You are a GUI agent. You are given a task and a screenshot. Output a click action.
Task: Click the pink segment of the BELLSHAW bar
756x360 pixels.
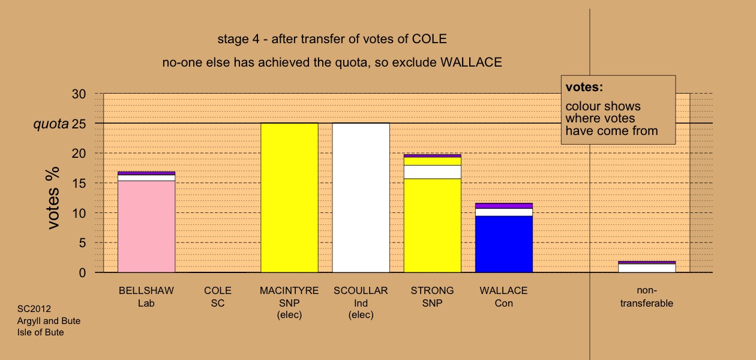[146, 226]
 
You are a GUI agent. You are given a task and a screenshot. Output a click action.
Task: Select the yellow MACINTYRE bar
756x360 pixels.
[289, 198]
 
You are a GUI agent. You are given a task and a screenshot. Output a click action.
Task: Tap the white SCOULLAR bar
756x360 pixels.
[361, 198]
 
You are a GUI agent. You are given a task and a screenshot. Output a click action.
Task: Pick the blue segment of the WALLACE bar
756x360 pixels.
[504, 244]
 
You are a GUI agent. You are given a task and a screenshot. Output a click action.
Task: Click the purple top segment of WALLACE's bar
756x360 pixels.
[504, 206]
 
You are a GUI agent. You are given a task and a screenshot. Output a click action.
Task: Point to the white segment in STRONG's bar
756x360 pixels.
[433, 172]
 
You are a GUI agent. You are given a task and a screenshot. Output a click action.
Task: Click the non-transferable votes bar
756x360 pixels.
[647, 267]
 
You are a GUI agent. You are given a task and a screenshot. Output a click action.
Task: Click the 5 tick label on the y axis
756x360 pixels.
[82, 242]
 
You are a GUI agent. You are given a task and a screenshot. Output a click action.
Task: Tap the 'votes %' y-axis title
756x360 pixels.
[53, 198]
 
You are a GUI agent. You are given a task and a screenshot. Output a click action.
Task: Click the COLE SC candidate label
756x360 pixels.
[218, 296]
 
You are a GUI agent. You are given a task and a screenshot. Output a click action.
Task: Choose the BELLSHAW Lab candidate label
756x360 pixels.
[146, 296]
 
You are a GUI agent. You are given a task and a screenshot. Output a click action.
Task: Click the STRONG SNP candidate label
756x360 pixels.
[433, 296]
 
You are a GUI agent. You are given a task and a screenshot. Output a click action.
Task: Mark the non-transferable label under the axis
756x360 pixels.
[647, 296]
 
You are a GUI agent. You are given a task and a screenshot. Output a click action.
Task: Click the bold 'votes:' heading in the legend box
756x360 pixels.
[584, 87]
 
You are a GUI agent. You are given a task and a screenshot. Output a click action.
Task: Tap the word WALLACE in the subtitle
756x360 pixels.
[471, 62]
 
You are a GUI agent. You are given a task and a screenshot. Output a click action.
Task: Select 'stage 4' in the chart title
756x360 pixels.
[238, 39]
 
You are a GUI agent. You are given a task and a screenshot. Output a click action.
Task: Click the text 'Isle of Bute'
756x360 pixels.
[41, 332]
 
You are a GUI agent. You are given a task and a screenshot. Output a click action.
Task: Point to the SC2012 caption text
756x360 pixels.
[34, 309]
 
